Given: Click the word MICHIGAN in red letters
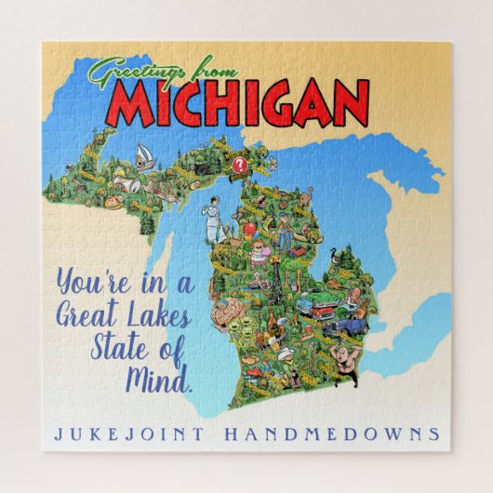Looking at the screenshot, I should click(x=237, y=103).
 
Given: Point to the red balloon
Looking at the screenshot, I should click(x=250, y=230).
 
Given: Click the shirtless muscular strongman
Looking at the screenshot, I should click(x=349, y=358).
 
